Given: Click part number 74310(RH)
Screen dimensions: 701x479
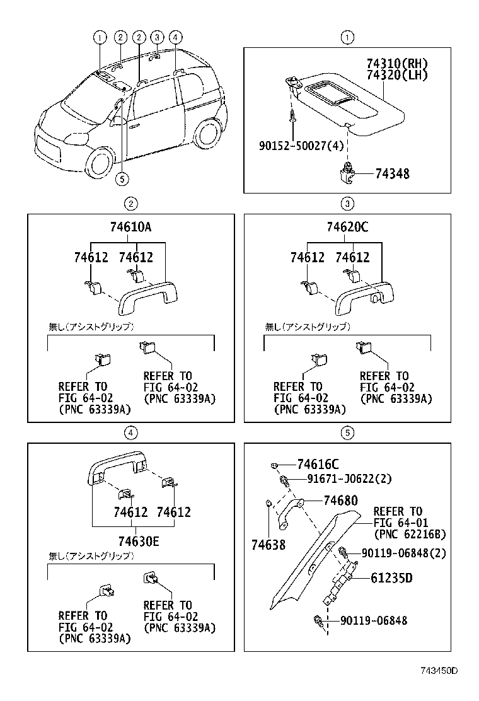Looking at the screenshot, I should [x=397, y=64].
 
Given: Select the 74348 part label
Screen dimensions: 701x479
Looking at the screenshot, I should [x=392, y=173].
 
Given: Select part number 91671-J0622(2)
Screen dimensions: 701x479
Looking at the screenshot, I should [x=349, y=479].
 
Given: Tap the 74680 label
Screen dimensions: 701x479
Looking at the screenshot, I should [x=340, y=501].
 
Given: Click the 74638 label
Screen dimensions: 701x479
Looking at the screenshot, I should [x=268, y=544].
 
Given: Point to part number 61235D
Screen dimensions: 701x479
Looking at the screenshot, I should [x=391, y=577].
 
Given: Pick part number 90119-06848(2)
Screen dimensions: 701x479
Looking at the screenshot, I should [x=403, y=553].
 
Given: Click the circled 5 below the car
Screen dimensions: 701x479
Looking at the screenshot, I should [x=122, y=179].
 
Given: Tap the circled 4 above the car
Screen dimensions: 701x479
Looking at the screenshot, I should [x=175, y=37].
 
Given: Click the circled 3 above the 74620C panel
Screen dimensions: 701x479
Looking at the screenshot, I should [x=347, y=203].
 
